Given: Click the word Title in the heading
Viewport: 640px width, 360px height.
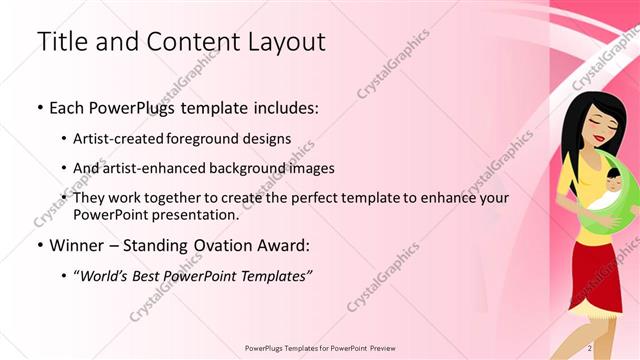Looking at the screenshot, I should pos(59,42).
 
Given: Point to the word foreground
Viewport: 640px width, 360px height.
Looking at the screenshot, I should pos(217,138).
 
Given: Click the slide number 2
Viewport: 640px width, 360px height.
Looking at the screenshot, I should pos(590,348).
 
